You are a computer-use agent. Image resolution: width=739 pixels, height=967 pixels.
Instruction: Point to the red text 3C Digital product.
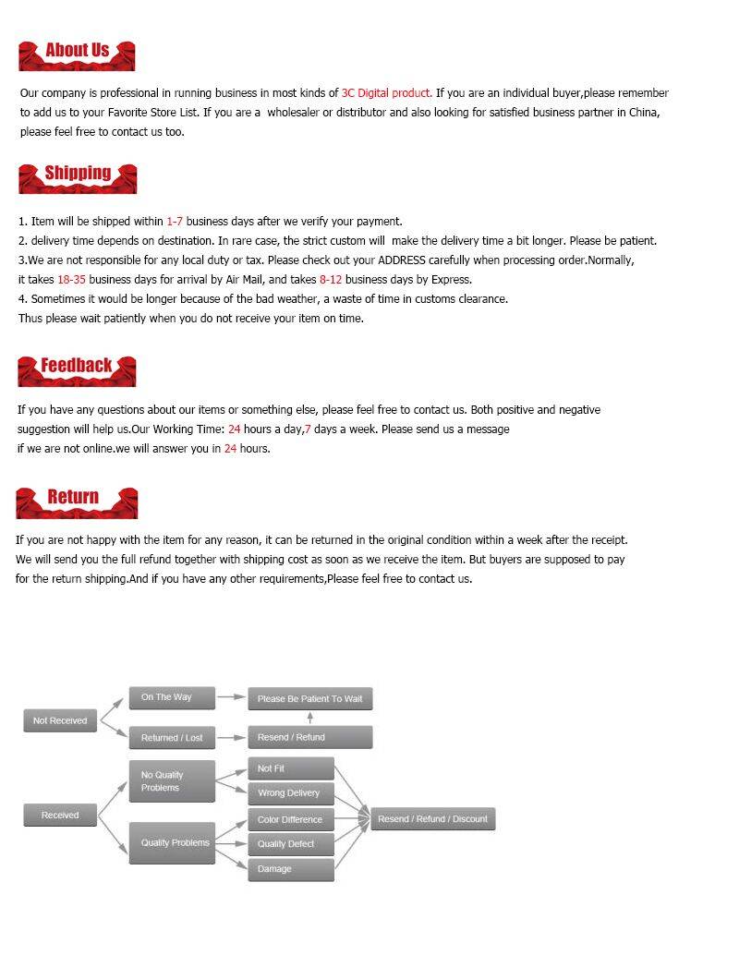(386, 93)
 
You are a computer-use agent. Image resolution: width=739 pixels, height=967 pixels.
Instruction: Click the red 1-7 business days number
(175, 222)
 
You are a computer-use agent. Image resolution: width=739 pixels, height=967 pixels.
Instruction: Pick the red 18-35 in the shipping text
(71, 280)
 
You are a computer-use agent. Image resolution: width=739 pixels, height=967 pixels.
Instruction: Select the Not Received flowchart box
(60, 721)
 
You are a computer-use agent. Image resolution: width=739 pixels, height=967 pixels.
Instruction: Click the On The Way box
(172, 697)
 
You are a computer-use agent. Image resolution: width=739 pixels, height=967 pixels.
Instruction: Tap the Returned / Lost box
(172, 738)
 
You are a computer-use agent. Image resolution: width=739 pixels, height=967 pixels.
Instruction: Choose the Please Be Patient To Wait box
(309, 699)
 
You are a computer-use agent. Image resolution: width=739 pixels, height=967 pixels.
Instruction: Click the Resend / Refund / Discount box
(432, 819)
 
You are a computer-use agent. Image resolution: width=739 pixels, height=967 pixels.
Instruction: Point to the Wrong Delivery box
(290, 793)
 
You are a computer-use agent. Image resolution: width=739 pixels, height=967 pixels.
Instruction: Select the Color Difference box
(290, 820)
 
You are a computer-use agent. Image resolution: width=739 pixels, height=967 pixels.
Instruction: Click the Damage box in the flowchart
(290, 869)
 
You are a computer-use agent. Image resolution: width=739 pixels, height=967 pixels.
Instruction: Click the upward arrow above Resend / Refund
(309, 718)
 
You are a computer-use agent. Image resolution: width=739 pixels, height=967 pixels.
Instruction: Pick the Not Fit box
(290, 768)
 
